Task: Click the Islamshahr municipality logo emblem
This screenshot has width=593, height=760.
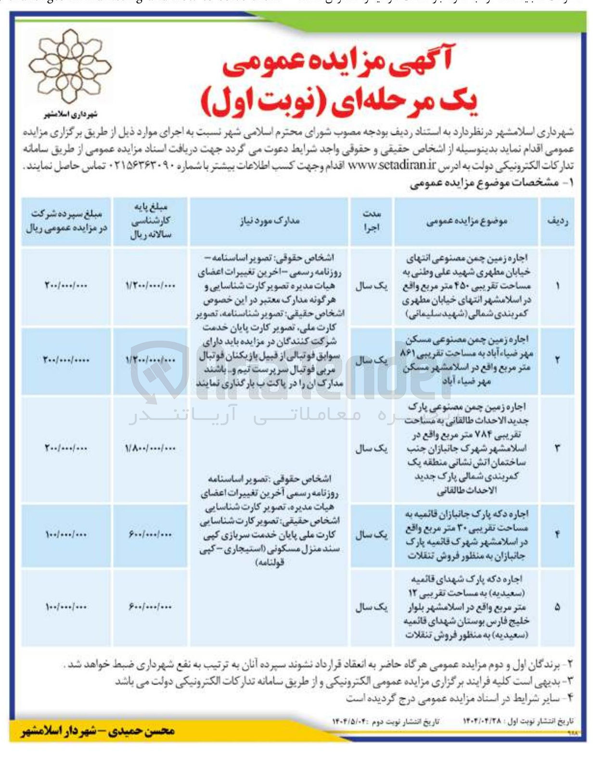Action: [x=70, y=67]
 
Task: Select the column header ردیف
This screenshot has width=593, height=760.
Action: [x=557, y=221]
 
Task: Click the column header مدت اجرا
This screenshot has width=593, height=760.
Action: [x=371, y=221]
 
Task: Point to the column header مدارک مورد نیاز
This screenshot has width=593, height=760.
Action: [x=269, y=221]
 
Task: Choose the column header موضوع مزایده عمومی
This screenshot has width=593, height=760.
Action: [x=466, y=221]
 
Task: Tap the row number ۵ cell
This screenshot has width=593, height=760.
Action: [x=557, y=607]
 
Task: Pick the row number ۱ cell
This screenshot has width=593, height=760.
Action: [x=557, y=286]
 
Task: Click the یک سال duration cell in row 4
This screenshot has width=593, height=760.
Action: [x=371, y=535]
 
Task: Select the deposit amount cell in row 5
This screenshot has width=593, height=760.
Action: [x=66, y=607]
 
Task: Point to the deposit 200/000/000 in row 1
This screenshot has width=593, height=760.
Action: [x=66, y=286]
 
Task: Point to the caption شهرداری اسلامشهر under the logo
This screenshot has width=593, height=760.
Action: [x=70, y=115]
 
